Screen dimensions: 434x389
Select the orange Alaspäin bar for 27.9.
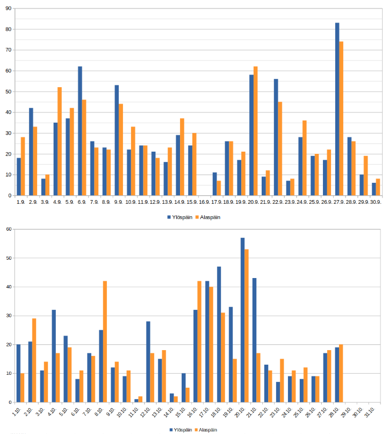coord(341,118)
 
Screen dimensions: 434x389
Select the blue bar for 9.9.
coord(117,140)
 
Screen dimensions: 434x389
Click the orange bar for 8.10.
coord(105,341)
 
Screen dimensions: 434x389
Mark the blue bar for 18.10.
coord(219,334)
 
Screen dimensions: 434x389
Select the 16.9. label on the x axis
coord(204,202)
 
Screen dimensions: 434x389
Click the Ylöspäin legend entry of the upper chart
coord(180,217)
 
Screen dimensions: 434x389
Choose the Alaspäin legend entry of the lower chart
coord(206,430)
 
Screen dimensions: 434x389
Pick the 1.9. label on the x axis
coord(20,202)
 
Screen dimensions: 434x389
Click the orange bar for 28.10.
coord(341,373)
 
